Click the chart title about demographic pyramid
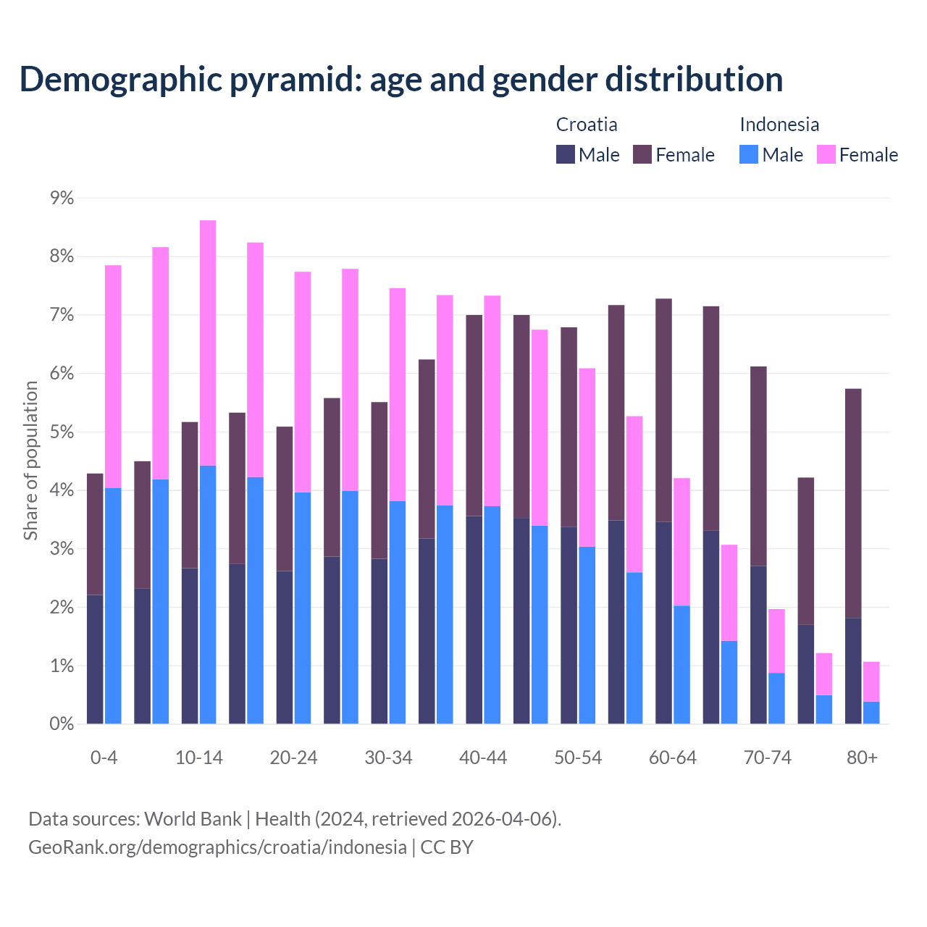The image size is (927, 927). pyautogui.click(x=401, y=79)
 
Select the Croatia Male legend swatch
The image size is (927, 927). pyautogui.click(x=566, y=154)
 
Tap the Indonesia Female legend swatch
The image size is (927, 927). pyautogui.click(x=826, y=154)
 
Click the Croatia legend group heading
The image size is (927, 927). pyautogui.click(x=587, y=125)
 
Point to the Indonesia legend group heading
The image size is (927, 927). pyautogui.click(x=779, y=125)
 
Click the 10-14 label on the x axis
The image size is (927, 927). pyautogui.click(x=199, y=758)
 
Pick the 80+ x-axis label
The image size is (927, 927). pyautogui.click(x=862, y=758)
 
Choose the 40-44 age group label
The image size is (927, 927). pyautogui.click(x=483, y=758)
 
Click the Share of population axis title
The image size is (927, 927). pyautogui.click(x=31, y=461)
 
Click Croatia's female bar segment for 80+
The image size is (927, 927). pyautogui.click(x=853, y=503)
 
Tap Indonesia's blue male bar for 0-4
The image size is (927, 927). pyautogui.click(x=113, y=605)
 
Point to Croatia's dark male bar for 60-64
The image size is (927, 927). pyautogui.click(x=663, y=623)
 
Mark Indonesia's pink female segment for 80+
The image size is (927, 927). pyautogui.click(x=871, y=681)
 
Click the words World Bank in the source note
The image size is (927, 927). pyautogui.click(x=193, y=819)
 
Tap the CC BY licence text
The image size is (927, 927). pyautogui.click(x=447, y=847)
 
